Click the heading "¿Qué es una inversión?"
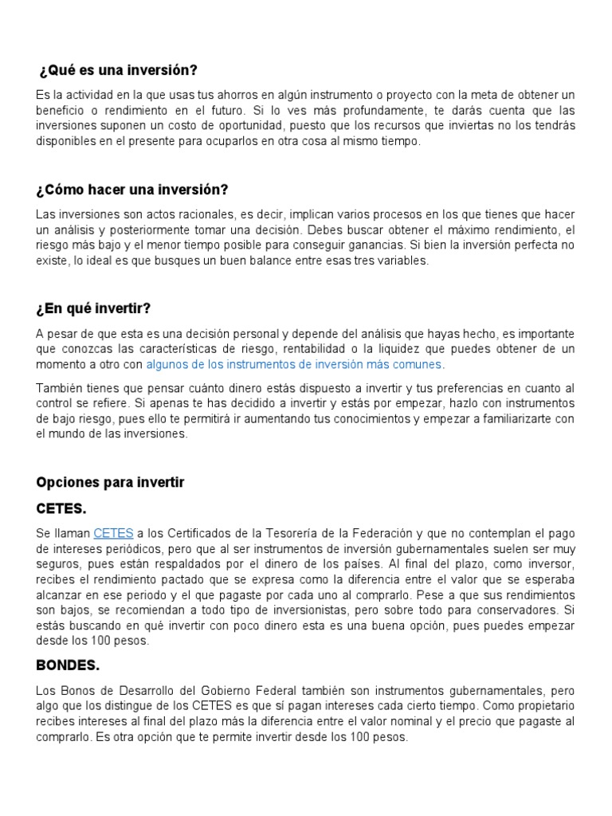coord(118,70)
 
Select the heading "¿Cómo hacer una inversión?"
coord(132,190)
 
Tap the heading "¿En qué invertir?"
coord(94,309)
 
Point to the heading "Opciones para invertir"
coord(110,483)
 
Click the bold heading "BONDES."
coord(68,664)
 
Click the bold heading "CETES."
coord(61,508)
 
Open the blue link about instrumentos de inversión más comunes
coord(293,364)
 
